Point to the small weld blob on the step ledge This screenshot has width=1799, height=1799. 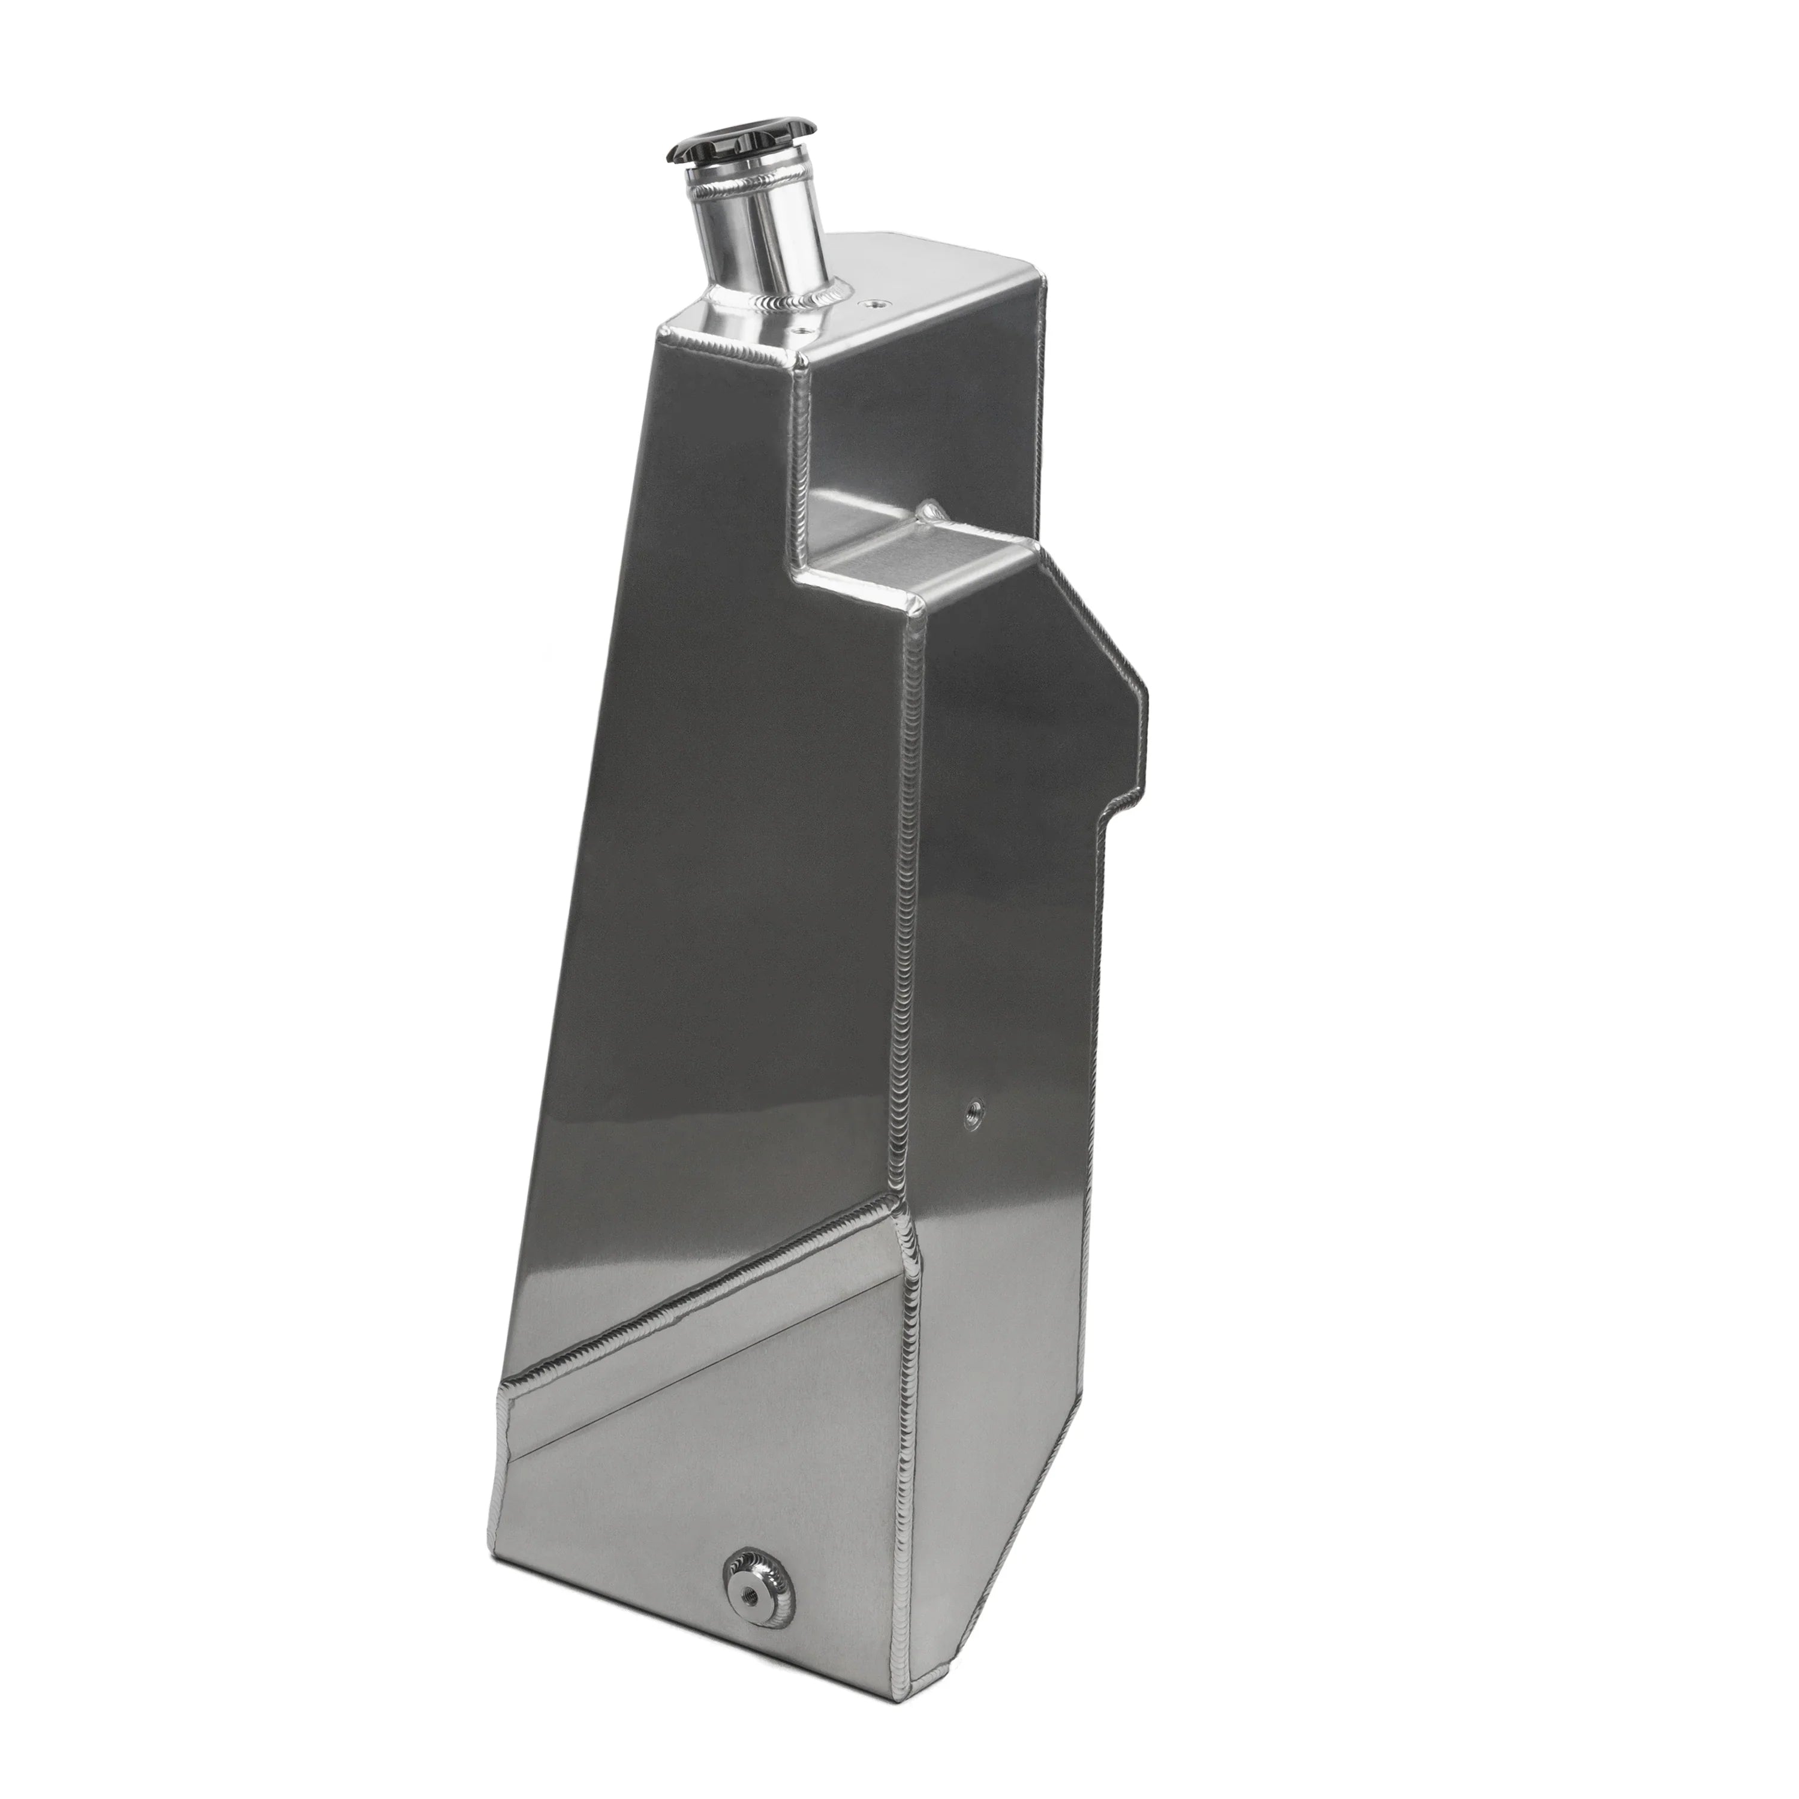(x=928, y=509)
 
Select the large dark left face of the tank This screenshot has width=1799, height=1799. (x=708, y=838)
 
